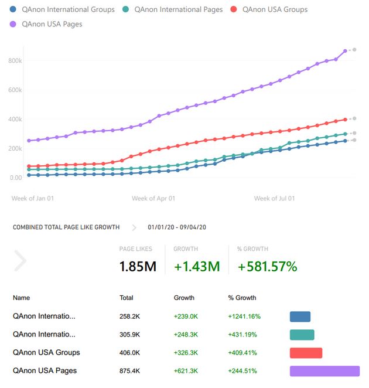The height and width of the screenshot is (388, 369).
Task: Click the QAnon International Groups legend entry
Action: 64,9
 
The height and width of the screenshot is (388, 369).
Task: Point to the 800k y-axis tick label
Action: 15,61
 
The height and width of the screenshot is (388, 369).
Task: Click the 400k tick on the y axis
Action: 15,119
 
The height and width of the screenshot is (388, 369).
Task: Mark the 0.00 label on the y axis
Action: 15,178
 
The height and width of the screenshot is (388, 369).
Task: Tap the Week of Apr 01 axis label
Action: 153,199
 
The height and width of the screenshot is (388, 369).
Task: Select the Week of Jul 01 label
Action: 275,199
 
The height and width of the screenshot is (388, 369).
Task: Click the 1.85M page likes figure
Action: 138,267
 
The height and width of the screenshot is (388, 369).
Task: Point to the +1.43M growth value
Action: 197,267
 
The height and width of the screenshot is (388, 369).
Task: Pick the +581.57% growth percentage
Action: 267,267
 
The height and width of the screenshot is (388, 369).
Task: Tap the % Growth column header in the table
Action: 242,298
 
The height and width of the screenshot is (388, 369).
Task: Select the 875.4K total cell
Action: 130,370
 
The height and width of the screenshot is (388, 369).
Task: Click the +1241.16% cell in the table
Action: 244,316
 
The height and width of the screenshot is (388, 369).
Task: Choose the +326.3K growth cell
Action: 186,353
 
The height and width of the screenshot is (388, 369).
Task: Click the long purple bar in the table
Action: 324,371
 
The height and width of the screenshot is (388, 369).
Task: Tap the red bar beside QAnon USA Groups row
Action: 306,353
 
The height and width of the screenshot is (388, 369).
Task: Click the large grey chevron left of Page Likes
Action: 20,260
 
